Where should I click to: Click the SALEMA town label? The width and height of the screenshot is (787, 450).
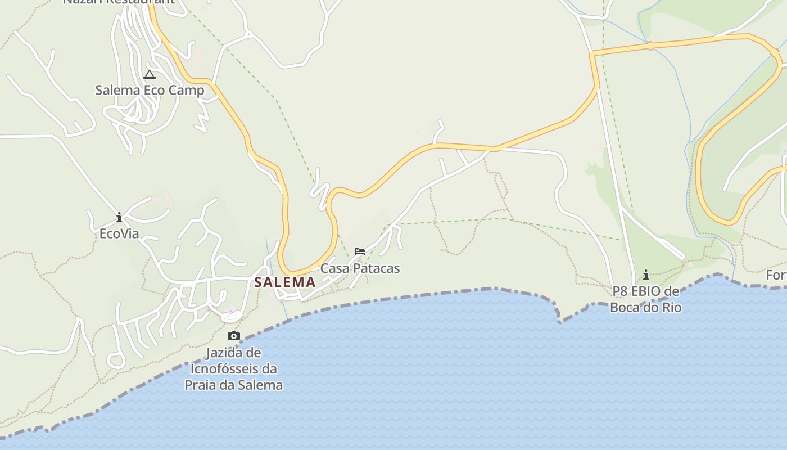pyautogui.click(x=284, y=282)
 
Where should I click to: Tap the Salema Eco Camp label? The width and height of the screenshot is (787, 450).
pyautogui.click(x=150, y=90)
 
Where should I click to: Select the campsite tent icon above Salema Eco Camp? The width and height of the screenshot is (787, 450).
pyautogui.click(x=149, y=75)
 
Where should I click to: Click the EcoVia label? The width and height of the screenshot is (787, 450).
pyautogui.click(x=119, y=233)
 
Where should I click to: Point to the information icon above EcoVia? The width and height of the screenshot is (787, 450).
pyautogui.click(x=119, y=217)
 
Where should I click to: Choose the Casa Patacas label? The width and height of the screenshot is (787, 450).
pyautogui.click(x=360, y=268)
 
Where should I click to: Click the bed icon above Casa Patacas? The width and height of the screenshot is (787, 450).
pyautogui.click(x=360, y=251)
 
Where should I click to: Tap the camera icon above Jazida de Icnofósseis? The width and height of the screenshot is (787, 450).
pyautogui.click(x=233, y=336)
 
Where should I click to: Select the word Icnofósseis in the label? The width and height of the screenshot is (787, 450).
pyautogui.click(x=234, y=369)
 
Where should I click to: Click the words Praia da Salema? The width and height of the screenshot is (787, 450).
pyautogui.click(x=234, y=385)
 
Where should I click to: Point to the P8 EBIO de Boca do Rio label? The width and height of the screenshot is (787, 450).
pyautogui.click(x=646, y=299)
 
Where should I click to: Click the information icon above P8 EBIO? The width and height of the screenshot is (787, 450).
pyautogui.click(x=646, y=274)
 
